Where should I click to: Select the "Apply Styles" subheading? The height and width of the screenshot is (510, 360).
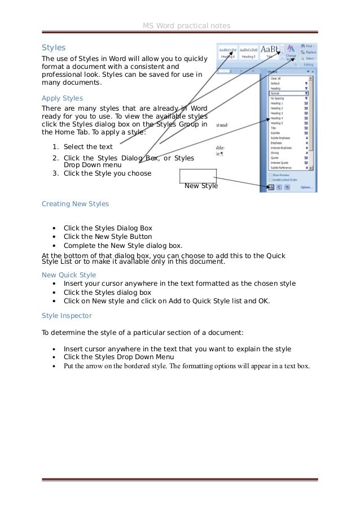point(62,98)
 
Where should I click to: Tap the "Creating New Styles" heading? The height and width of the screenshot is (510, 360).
point(76,203)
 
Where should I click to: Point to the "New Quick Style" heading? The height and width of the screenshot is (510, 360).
point(69,274)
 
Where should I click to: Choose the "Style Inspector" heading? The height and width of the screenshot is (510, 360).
point(67,315)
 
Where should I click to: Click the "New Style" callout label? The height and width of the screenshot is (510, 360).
point(201,185)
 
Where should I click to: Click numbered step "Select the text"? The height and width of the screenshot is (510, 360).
point(88,147)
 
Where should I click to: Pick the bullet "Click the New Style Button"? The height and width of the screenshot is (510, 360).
point(108,237)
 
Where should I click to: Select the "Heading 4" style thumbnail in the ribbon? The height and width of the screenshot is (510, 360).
point(229,51)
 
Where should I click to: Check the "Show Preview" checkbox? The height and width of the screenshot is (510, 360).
point(270,175)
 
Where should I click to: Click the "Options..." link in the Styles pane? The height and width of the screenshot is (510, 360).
point(306,187)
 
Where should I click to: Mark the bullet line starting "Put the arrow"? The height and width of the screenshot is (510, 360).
point(186,366)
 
